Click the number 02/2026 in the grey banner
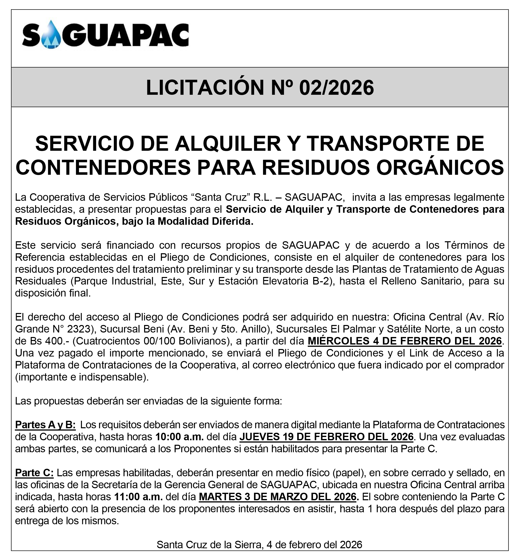coord(336,88)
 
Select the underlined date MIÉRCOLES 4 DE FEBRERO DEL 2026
coord(405,341)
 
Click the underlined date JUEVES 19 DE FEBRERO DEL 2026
coord(326,437)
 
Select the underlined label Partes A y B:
coord(45,425)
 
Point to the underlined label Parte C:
coord(34,473)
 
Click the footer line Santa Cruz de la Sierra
coord(210,545)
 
